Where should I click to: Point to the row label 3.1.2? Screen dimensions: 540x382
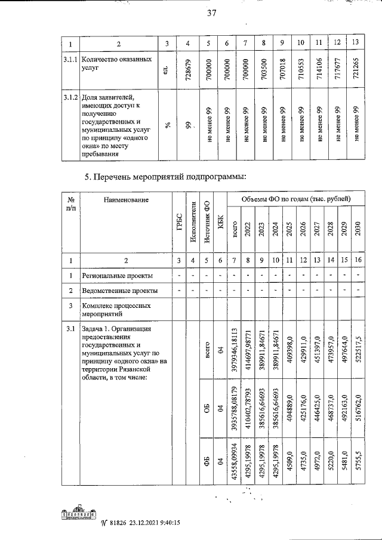point(70,97)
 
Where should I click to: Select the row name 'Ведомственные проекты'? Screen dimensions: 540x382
point(119,291)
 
